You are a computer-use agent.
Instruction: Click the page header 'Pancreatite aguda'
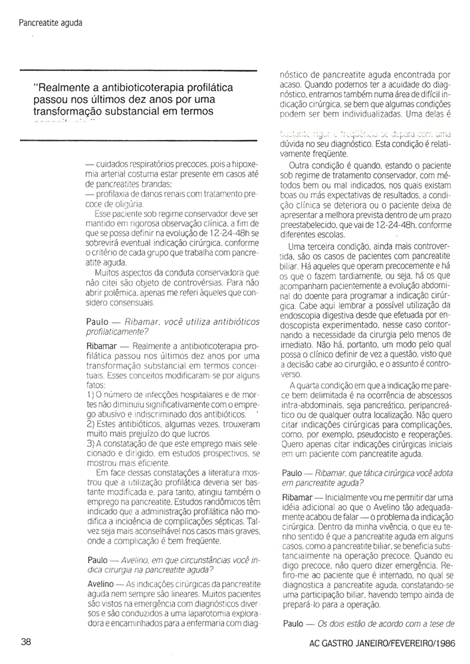[x=51, y=23]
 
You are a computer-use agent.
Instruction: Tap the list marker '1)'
[x=92, y=396]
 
